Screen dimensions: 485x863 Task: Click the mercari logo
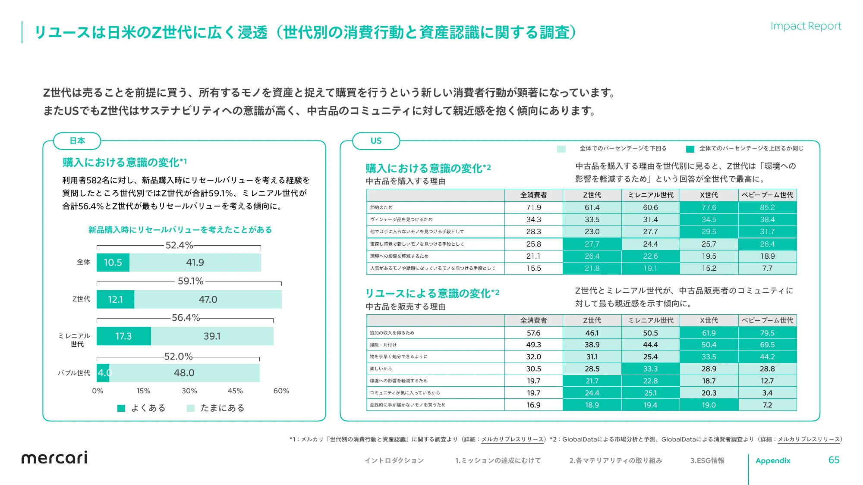point(54,457)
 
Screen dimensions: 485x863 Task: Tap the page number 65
point(834,460)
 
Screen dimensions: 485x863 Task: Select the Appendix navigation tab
point(773,460)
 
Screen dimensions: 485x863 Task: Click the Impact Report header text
point(806,26)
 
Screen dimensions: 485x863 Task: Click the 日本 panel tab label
point(77,141)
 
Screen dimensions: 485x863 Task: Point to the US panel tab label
point(376,141)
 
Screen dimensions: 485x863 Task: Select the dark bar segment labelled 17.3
point(123,336)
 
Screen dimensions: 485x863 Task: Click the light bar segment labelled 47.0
point(208,300)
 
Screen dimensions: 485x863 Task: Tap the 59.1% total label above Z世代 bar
point(190,281)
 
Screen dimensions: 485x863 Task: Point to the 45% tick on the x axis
point(235,391)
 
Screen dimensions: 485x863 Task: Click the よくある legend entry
point(142,408)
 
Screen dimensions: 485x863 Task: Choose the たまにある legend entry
point(216,408)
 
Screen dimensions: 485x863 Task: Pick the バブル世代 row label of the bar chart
point(74,373)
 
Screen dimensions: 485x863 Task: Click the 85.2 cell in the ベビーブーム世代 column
point(767,207)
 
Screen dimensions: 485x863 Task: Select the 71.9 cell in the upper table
point(533,207)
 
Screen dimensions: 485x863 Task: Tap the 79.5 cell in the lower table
point(767,333)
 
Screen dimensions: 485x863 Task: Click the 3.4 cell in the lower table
point(767,393)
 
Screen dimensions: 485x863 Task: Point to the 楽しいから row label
point(381,369)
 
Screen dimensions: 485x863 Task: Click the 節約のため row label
point(381,207)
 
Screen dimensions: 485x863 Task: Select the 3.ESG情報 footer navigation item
point(707,460)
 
